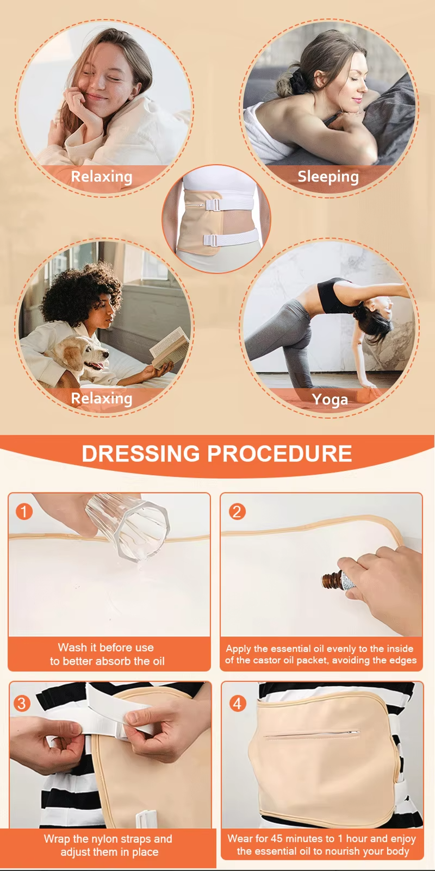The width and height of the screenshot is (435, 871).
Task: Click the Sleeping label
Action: pos(328,177)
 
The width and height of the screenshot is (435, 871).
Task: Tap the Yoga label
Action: pos(330,400)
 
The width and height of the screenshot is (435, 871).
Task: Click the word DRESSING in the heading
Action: pos(141,454)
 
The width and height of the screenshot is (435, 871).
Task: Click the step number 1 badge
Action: pos(24,511)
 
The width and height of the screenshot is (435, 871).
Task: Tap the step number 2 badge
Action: pos(237,511)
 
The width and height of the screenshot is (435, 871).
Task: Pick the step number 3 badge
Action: pos(22,704)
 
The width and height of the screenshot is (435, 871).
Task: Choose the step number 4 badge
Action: pos(237,704)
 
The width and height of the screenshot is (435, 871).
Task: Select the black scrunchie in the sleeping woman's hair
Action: pos(297,82)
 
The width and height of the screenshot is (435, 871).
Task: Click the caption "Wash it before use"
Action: pos(106,648)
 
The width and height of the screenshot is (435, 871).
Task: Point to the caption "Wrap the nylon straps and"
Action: pos(108,839)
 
